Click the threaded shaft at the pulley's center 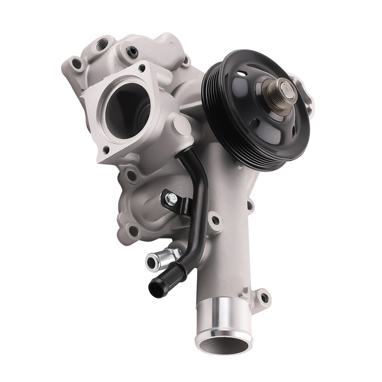(x=282, y=92)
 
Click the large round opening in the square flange (x=122, y=111)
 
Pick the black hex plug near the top (x=133, y=52)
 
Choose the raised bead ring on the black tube (x=180, y=267)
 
